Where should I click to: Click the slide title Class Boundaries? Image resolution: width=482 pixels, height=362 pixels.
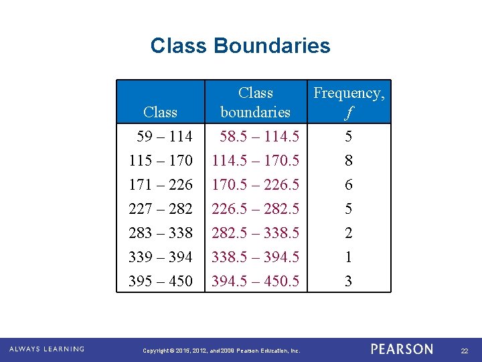tap(240, 46)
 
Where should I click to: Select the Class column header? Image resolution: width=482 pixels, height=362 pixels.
tap(160, 112)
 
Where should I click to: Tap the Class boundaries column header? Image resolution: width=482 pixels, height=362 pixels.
tap(255, 102)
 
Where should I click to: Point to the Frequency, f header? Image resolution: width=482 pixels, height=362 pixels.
tap(349, 102)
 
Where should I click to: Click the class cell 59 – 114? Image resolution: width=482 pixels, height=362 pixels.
tap(164, 137)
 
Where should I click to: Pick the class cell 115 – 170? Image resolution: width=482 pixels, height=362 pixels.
tap(161, 161)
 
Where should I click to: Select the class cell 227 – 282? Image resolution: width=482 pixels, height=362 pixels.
tap(161, 208)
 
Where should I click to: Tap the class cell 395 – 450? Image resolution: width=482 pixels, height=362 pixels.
tap(161, 281)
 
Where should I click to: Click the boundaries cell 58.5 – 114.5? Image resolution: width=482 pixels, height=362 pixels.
tap(260, 137)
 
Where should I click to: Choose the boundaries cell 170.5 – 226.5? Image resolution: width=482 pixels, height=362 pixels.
tap(256, 184)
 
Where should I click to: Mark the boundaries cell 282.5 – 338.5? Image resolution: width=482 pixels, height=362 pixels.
tap(256, 233)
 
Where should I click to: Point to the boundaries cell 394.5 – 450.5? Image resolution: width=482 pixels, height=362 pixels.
tap(256, 281)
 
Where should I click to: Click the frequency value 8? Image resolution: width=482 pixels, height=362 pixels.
tap(348, 161)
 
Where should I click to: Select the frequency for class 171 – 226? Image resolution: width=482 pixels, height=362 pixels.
tap(348, 184)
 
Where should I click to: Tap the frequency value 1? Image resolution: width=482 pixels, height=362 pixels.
tap(348, 257)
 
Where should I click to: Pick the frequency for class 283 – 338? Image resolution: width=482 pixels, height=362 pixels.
tap(348, 233)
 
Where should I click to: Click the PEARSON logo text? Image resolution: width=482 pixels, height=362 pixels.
tap(402, 349)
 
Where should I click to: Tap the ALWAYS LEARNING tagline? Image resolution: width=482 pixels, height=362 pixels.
tap(47, 349)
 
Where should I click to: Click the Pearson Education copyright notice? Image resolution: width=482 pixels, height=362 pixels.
tap(222, 351)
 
